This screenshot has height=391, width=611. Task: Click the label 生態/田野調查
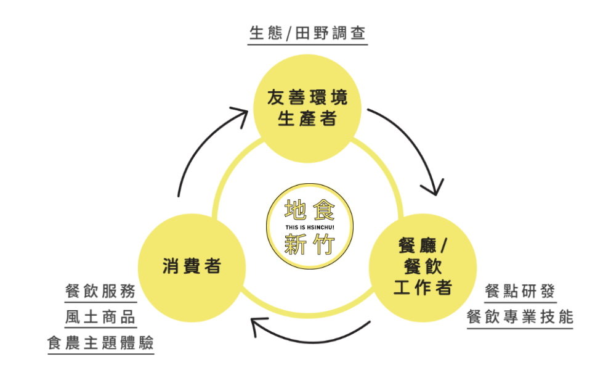pyautogui.click(x=307, y=33)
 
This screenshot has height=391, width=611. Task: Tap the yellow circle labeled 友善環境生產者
pyautogui.click(x=307, y=109)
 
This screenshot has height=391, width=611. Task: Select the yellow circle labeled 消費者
pyautogui.click(x=192, y=268)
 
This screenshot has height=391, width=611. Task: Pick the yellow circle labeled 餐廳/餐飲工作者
pyautogui.click(x=423, y=268)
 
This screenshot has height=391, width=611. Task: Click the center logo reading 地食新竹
pyautogui.click(x=310, y=226)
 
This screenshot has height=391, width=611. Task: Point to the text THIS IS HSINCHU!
pyautogui.click(x=310, y=227)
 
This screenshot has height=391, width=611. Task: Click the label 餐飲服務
pyautogui.click(x=100, y=291)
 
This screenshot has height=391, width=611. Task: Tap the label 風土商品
pyautogui.click(x=100, y=317)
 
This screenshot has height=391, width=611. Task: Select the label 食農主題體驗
pyautogui.click(x=100, y=343)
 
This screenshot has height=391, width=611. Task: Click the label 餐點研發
pyautogui.click(x=520, y=291)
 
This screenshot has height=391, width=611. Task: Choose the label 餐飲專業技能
pyautogui.click(x=520, y=317)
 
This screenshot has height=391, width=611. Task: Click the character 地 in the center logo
pyautogui.click(x=295, y=210)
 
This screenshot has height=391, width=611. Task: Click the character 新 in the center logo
pyautogui.click(x=295, y=244)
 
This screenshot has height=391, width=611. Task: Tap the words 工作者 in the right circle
pyautogui.click(x=423, y=288)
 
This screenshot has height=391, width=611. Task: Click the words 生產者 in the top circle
pyautogui.click(x=307, y=118)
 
